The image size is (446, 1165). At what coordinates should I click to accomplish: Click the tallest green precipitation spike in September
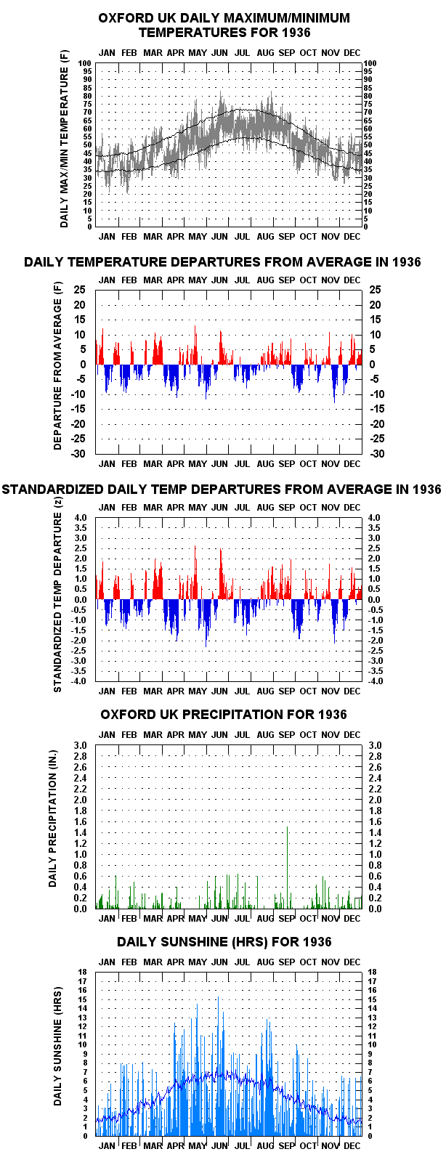pos(287,867)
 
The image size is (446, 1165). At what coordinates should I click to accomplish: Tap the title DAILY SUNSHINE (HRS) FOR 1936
pos(224,941)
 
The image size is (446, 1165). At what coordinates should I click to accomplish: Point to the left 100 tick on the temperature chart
pos(85,63)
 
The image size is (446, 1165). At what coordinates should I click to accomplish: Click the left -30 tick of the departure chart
pos(79,453)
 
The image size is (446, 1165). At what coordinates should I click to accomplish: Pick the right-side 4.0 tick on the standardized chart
pos(374,517)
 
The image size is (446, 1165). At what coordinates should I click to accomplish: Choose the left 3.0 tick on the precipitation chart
pos(80,745)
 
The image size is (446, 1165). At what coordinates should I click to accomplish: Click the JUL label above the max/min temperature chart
pos(241,52)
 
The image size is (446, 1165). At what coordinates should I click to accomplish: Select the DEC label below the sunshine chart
pos(352,1145)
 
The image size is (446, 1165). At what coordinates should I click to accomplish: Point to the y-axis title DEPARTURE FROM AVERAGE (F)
pos(57,366)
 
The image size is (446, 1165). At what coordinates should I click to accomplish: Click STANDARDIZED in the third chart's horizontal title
pos(53,489)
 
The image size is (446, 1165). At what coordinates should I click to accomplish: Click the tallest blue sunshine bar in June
pos(218,1066)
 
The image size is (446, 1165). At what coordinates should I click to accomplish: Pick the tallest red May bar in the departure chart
pos(195,345)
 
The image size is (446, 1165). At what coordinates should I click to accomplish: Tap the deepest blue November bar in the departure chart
pos(334,383)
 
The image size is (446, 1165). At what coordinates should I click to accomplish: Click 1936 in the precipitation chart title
pos(332,714)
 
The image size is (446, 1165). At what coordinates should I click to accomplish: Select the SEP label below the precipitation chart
pos(286,918)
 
